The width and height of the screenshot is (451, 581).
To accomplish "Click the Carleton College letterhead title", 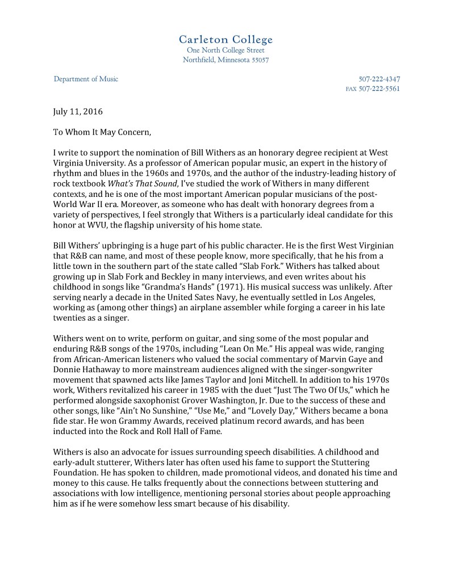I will [225, 39].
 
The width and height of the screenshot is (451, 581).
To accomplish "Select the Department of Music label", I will [86, 79].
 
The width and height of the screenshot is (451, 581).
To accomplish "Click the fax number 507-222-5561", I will [379, 89].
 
